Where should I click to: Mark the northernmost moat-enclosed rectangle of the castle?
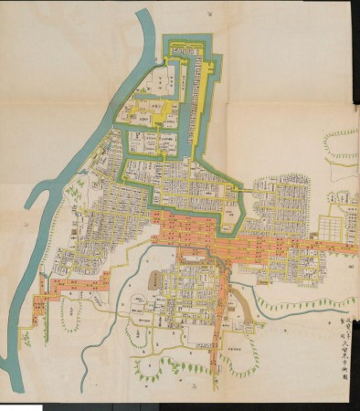[x=189, y=50]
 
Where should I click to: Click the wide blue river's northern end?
[x=144, y=18]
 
